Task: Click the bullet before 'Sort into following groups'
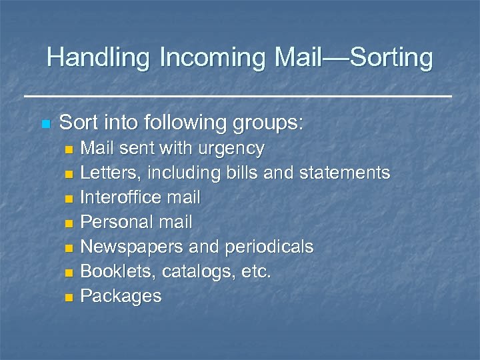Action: tap(45, 124)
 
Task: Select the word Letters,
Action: tap(110, 173)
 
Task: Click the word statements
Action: tap(345, 173)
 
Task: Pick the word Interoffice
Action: tap(117, 197)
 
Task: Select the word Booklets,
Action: tap(113, 271)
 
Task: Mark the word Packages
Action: tap(121, 296)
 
